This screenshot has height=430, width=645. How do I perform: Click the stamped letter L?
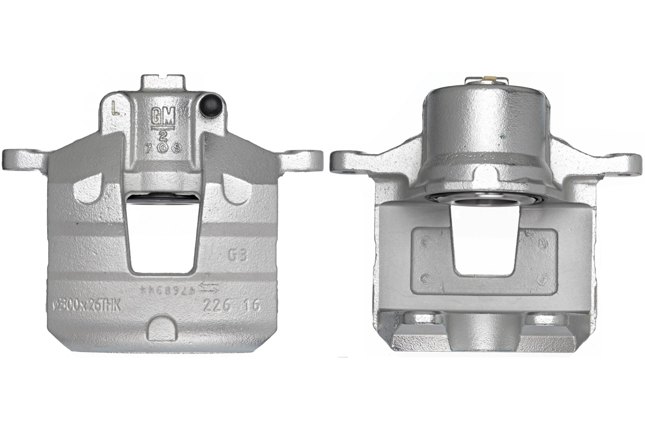[x=114, y=109]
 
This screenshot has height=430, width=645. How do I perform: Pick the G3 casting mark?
[x=237, y=255]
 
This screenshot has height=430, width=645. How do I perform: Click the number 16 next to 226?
[x=250, y=305]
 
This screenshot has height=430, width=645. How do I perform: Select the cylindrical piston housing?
[x=486, y=129]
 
